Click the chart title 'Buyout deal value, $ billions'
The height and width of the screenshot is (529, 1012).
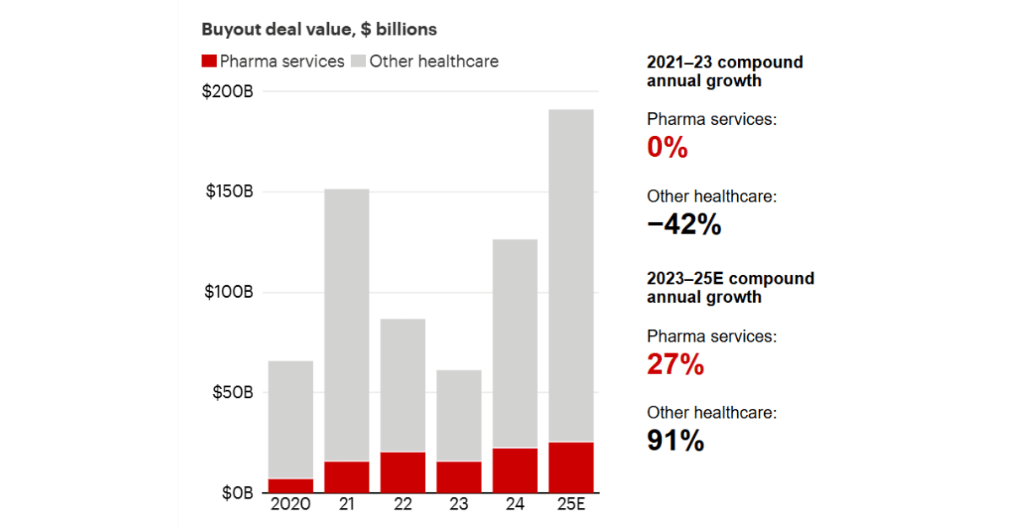point(319,30)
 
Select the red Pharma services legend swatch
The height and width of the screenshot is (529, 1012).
point(209,62)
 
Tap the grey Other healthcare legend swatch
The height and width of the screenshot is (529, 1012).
point(358,62)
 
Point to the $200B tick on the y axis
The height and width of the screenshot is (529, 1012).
point(228,91)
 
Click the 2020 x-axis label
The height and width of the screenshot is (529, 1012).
point(290,505)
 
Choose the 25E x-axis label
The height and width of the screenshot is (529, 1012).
point(571,505)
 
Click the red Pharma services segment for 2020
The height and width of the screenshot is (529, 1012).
point(290,486)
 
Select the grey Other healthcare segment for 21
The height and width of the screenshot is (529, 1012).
point(347,325)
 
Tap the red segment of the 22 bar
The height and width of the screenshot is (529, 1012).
point(402,472)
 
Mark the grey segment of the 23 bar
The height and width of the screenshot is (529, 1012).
point(459,415)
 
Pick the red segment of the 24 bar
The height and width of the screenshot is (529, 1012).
point(514,470)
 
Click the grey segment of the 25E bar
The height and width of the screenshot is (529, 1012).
point(571,275)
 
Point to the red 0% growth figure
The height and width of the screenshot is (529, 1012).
point(667,148)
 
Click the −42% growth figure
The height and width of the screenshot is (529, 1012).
point(684,225)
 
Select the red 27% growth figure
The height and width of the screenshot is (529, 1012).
point(675,365)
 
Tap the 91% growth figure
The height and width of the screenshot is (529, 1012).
point(675,441)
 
